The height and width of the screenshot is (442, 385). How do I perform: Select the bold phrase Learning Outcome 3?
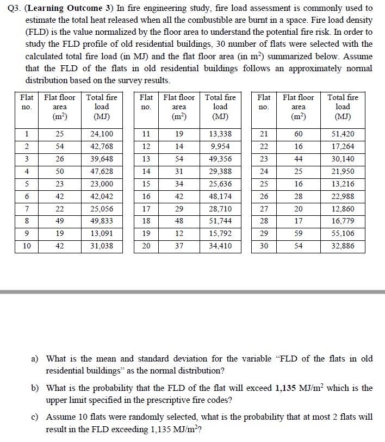65,8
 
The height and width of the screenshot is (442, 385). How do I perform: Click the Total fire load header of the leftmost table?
102,107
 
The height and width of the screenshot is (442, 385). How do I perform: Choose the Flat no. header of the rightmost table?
264,102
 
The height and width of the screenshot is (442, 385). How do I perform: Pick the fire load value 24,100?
102,134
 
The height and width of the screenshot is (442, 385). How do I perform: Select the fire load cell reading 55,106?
343,233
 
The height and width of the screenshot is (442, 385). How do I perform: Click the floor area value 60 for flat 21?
299,134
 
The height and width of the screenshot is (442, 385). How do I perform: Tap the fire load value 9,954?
220,146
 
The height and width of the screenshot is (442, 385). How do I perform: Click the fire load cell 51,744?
220,221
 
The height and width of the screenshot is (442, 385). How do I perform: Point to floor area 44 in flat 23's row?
299,159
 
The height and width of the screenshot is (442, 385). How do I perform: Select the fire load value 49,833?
102,221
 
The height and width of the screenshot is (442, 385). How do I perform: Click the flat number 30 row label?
264,246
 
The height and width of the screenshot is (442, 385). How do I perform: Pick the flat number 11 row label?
146,134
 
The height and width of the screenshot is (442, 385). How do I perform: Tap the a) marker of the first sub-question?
34,359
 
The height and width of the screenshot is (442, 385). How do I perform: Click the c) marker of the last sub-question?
34,417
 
